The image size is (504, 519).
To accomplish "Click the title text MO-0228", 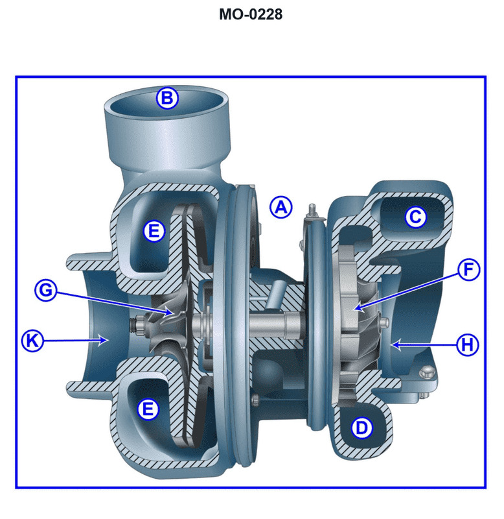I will tap(251, 14).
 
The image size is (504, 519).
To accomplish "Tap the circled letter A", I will tap(281, 207).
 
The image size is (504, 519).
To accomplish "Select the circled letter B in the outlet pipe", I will tap(167, 98).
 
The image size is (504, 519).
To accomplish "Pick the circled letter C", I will tap(415, 217).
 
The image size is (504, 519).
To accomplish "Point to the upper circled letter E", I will tap(154, 231).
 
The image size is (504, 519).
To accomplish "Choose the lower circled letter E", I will tap(149, 409).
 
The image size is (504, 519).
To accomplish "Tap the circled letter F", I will tap(468, 269).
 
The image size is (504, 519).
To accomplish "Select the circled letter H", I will tap(466, 345).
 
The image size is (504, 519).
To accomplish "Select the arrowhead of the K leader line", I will tap(107, 339).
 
